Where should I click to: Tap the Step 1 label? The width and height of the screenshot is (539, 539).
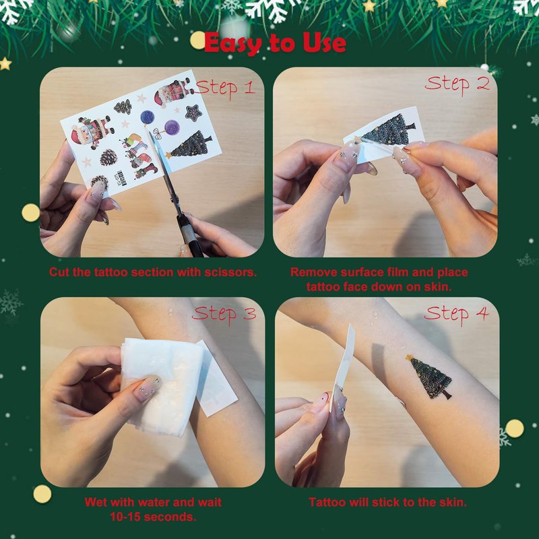coord(225,89)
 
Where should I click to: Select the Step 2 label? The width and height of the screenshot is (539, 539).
coord(457,85)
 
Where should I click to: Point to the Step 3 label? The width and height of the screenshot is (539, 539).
coord(224,314)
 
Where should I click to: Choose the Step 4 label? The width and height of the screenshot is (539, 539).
coord(456,314)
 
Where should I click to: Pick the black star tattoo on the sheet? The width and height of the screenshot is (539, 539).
coord(193,113)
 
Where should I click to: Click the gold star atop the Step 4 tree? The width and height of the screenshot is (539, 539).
coord(410,358)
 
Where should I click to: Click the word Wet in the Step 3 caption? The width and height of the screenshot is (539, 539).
coord(96,502)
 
